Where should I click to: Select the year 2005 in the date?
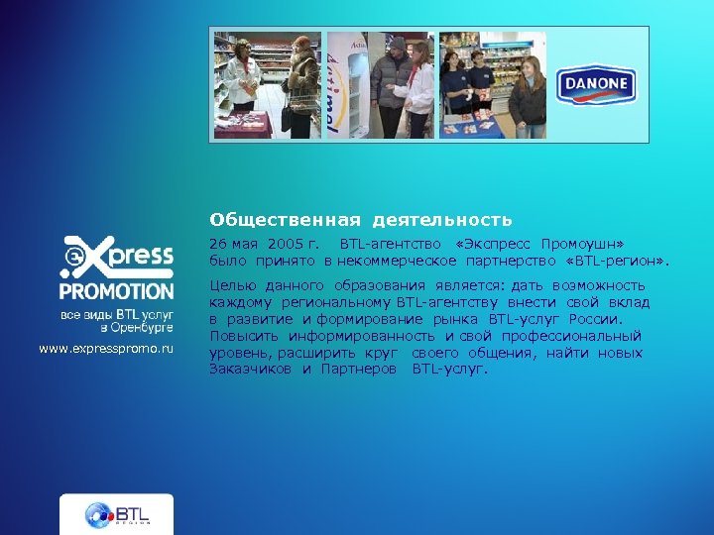pos(287,244)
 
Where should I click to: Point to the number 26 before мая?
pos(217,244)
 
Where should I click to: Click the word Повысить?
pos(238,337)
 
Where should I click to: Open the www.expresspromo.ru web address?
pos(106,350)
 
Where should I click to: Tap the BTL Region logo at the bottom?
pos(116,514)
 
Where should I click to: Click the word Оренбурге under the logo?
pos(144,327)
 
